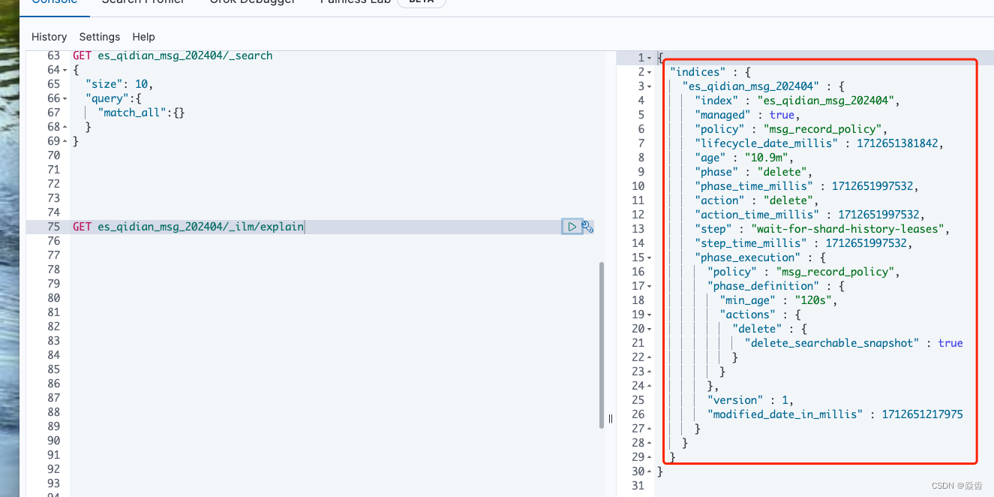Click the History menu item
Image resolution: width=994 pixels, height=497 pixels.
[x=49, y=37]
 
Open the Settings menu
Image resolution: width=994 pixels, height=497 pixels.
[x=99, y=37]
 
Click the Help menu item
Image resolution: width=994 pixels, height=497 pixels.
[x=143, y=37]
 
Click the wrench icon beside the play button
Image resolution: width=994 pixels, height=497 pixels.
[x=587, y=227]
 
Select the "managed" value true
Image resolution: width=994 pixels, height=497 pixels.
[x=782, y=115]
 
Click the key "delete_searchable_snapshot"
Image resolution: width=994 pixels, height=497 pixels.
[x=832, y=343]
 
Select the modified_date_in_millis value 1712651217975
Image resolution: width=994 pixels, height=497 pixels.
[x=922, y=414]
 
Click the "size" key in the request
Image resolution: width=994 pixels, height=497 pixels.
[x=104, y=84]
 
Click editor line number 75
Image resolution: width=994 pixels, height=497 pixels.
[x=53, y=227]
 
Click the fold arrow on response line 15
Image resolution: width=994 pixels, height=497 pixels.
[x=649, y=258]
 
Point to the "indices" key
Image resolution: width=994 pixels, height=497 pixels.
[x=698, y=72]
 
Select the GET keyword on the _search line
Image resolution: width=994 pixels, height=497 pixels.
[x=82, y=56]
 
